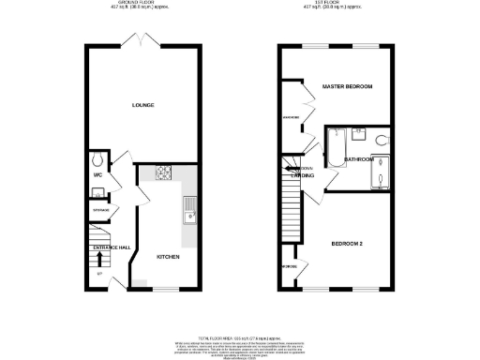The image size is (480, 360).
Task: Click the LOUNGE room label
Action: (x=142, y=104)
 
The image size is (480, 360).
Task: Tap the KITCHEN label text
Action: (x=168, y=256)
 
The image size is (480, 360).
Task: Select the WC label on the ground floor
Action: (x=98, y=174)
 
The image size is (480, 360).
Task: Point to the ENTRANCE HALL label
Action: (x=112, y=247)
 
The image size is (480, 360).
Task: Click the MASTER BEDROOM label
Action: (x=348, y=86)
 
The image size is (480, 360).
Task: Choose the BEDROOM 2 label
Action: (x=347, y=245)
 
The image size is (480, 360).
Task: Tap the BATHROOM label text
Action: (x=359, y=160)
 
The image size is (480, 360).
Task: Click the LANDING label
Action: (x=301, y=176)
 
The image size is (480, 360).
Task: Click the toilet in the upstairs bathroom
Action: (x=379, y=141)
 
